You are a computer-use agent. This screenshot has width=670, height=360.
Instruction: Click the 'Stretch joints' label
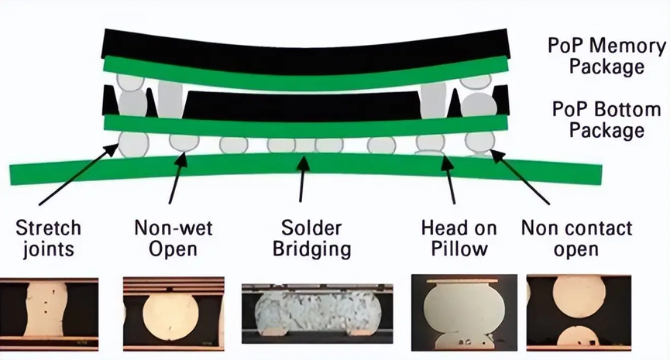48,238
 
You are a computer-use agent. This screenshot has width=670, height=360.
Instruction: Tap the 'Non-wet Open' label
173,238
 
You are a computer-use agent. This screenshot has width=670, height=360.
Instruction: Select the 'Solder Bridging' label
312,238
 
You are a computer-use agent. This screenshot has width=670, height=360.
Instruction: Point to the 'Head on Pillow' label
459,238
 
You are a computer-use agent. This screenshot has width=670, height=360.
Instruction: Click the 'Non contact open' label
576,238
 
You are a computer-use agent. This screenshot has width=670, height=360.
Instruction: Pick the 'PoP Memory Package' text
606,57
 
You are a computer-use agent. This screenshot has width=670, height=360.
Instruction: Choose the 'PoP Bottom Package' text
606,120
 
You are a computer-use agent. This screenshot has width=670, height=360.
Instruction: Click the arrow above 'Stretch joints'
79,174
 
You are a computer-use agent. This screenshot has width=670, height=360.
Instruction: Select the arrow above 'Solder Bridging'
302,179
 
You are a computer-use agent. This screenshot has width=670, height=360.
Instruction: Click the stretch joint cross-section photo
49,314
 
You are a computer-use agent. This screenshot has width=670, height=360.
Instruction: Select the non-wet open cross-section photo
174,314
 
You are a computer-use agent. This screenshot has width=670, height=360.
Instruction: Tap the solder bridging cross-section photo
317,314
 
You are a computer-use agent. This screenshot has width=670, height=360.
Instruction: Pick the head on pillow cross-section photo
464,313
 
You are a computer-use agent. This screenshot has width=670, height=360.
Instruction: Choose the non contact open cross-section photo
579,313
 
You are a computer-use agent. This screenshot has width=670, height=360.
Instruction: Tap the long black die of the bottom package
301,105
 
